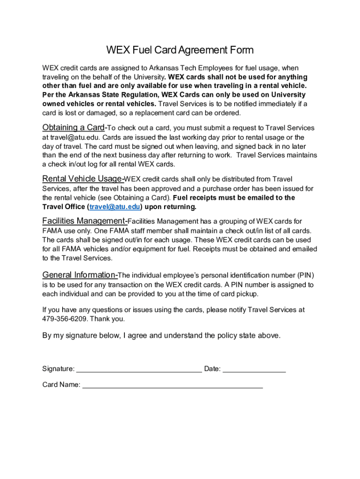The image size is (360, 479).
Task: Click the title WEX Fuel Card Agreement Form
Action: tap(180, 50)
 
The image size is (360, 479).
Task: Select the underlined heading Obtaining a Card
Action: tap(73, 128)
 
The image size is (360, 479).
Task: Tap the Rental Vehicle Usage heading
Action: tap(82, 179)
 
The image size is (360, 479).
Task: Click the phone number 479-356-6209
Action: tap(65, 319)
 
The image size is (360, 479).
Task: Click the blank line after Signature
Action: tap(139, 369)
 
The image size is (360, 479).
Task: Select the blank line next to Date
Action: tap(254, 369)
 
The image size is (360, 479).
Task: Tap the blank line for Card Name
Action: tap(173, 385)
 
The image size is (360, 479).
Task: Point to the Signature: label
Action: tap(58, 369)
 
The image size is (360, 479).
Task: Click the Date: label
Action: tap(212, 369)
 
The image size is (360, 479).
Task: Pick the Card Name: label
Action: tap(61, 385)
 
